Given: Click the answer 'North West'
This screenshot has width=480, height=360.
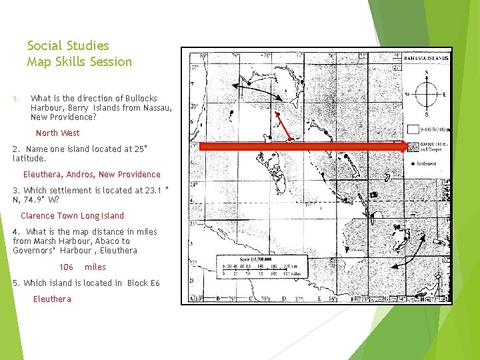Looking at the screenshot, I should (57, 133).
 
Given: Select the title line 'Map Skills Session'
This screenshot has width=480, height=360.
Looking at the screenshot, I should (79, 62).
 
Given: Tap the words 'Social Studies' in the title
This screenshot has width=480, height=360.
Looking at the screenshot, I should (68, 46).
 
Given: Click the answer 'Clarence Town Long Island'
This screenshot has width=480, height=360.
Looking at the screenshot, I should (72, 215).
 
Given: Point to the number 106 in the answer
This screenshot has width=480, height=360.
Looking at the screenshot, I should (66, 267).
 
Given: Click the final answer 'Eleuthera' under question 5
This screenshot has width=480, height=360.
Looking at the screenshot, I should (52, 299).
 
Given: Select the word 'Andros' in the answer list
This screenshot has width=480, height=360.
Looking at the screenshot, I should (80, 174).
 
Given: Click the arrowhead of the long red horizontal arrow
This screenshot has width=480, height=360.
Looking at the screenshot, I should (401, 147).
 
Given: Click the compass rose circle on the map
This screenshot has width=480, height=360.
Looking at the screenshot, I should (427, 93).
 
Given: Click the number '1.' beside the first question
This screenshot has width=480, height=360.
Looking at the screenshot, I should (15, 99).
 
